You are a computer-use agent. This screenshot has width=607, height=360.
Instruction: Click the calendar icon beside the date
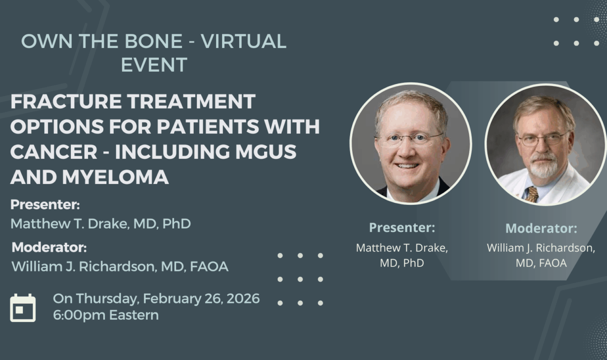[x=23, y=307]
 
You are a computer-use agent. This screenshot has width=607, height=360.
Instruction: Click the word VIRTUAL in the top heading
[x=244, y=41]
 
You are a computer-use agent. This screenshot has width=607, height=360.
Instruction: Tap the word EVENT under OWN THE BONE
[x=154, y=64]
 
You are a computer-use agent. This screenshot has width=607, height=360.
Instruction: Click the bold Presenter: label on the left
[x=46, y=205]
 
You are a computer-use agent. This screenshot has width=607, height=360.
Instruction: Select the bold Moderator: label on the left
[x=49, y=248]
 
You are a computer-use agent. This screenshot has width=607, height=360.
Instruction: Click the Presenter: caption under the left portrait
[x=402, y=228]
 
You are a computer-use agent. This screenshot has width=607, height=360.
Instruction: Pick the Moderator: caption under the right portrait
[x=541, y=229]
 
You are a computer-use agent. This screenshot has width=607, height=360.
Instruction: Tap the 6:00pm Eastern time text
[x=106, y=315]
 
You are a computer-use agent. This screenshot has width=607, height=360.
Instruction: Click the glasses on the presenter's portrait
[x=410, y=139]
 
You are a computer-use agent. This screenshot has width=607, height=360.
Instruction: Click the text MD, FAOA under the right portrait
[x=541, y=263]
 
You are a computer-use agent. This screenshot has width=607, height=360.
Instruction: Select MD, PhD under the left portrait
[x=402, y=263]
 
